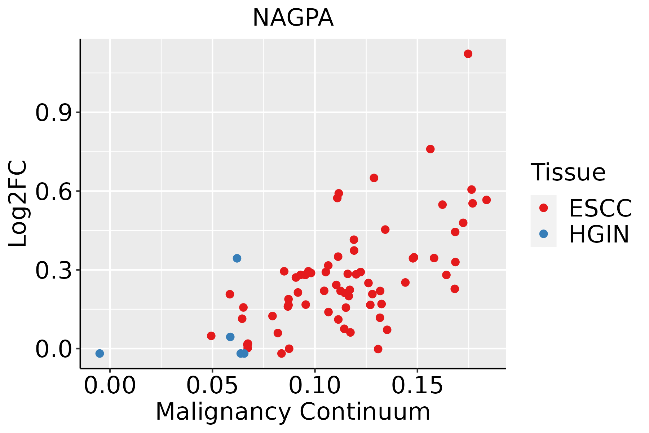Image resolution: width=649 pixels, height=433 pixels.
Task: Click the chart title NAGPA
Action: (293, 18)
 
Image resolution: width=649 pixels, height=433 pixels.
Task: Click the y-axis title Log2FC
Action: (18, 204)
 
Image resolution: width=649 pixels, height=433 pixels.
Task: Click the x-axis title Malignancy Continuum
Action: (293, 412)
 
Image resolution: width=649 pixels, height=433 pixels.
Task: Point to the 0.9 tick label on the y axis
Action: (53, 113)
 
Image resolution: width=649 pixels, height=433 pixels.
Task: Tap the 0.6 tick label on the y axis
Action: (53, 191)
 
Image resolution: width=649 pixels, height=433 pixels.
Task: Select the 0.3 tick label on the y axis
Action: (53, 270)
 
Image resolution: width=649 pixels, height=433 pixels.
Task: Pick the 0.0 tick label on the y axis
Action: (53, 349)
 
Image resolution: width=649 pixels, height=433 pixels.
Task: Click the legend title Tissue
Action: (568, 172)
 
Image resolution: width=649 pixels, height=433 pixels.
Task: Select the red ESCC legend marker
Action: (543, 208)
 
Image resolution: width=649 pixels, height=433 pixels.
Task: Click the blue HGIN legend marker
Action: (543, 234)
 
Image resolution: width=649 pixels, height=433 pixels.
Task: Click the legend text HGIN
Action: (599, 235)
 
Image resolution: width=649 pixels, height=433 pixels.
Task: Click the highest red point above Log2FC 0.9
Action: (468, 54)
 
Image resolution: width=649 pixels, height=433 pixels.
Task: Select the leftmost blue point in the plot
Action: (100, 353)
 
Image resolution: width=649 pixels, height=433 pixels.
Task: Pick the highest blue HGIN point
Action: (237, 258)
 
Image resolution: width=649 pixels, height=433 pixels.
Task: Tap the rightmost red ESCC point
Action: (486, 200)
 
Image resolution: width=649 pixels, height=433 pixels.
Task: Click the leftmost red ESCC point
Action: (211, 336)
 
